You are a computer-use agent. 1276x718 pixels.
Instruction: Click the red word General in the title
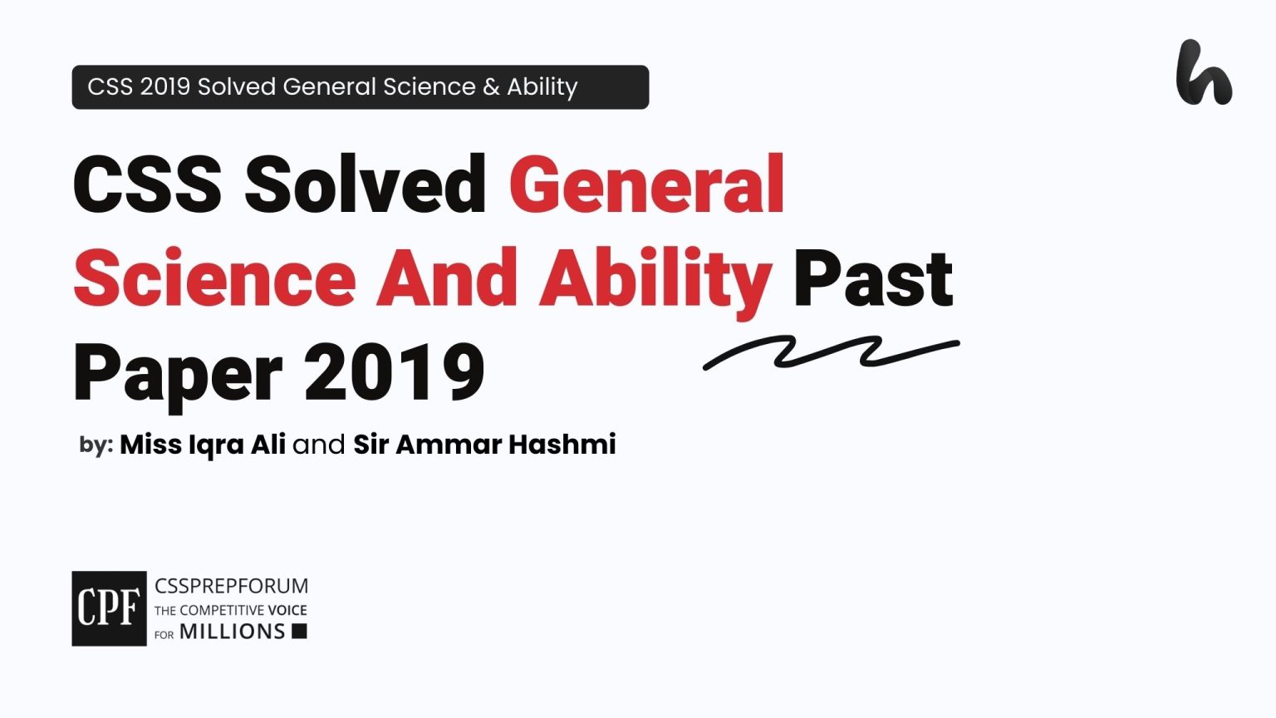pyautogui.click(x=646, y=184)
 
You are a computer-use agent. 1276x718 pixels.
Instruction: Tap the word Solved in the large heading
pyautogui.click(x=366, y=184)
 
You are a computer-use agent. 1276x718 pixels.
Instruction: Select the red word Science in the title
pyautogui.click(x=215, y=278)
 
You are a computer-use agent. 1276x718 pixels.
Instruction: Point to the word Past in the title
pyautogui.click(x=873, y=279)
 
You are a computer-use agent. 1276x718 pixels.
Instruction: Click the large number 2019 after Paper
pyautogui.click(x=395, y=372)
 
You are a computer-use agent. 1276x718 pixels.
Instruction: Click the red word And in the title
pyautogui.click(x=447, y=278)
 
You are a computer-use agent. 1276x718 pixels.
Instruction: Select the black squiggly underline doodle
pyautogui.click(x=831, y=352)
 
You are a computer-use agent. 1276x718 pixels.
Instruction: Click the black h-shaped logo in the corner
pyautogui.click(x=1203, y=73)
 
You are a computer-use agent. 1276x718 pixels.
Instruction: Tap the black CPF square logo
pyautogui.click(x=109, y=608)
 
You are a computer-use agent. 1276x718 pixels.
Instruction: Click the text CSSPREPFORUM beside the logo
pyautogui.click(x=231, y=586)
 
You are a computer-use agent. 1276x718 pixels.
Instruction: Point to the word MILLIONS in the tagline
pyautogui.click(x=233, y=632)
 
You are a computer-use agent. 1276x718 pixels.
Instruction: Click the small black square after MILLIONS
pyautogui.click(x=300, y=632)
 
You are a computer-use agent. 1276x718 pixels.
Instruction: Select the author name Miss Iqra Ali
pyautogui.click(x=203, y=445)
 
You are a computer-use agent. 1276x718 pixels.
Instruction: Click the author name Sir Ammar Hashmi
pyautogui.click(x=485, y=445)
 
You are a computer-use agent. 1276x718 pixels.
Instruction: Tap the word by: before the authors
pyautogui.click(x=96, y=445)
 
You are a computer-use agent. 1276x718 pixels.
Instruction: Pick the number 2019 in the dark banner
pyautogui.click(x=164, y=87)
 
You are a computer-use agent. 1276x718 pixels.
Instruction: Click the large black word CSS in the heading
pyautogui.click(x=148, y=184)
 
